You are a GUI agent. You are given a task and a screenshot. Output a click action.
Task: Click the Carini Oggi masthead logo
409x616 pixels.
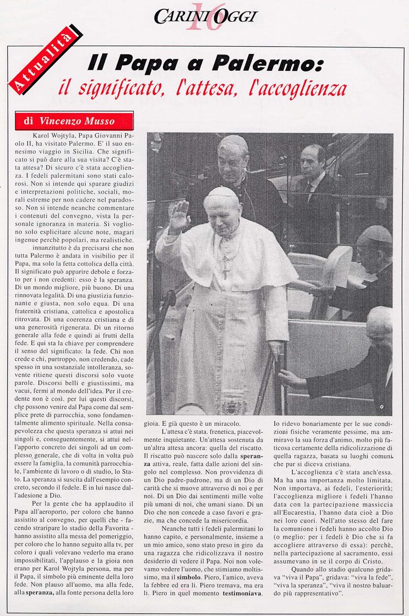coord(205,16)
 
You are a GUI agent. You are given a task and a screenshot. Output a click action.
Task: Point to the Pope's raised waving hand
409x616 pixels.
coord(178,217)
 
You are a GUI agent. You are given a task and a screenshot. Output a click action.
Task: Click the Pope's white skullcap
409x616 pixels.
coord(222,193)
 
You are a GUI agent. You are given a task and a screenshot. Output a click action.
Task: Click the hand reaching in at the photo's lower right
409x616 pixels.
coord(291,378)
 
